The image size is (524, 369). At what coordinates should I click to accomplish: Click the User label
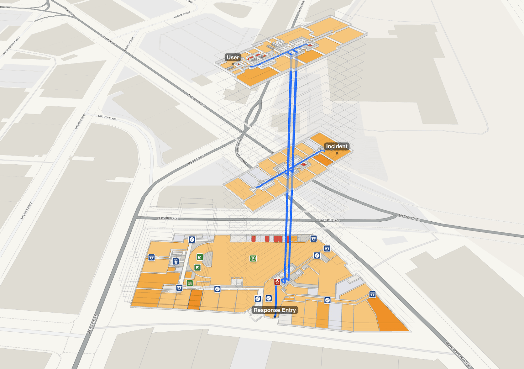tap(233, 57)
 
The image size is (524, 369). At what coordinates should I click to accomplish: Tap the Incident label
tap(337, 146)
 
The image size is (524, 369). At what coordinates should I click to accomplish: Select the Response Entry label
tap(274, 310)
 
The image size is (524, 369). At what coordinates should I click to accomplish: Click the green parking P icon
tap(253, 259)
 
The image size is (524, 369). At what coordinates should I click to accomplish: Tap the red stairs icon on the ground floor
tap(277, 282)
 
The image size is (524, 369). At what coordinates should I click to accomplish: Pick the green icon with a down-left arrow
tap(199, 257)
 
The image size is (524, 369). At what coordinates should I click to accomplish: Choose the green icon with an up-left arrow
tap(197, 268)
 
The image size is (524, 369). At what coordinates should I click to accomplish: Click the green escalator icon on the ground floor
tap(190, 283)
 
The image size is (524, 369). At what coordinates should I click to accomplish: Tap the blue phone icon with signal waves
tap(176, 262)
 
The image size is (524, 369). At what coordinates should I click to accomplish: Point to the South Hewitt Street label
tap(11, 46)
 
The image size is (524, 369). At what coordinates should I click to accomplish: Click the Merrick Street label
tap(182, 15)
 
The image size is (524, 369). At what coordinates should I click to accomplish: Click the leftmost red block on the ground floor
tap(253, 239)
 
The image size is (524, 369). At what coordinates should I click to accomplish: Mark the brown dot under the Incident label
tap(337, 153)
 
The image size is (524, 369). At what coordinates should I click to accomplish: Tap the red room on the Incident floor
tap(304, 164)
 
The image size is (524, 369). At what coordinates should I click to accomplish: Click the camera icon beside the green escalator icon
tap(179, 288)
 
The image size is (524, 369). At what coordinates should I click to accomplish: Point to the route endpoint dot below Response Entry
tap(275, 317)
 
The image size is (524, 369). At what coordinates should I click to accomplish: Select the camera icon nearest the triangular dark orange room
tap(372, 294)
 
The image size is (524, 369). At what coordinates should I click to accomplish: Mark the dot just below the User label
tap(233, 64)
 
